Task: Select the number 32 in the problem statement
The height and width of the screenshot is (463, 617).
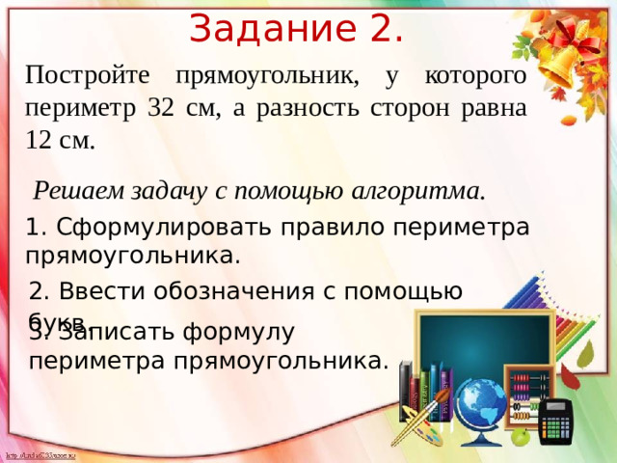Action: coord(162,107)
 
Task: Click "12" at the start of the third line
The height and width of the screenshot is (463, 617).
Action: coord(40,141)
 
